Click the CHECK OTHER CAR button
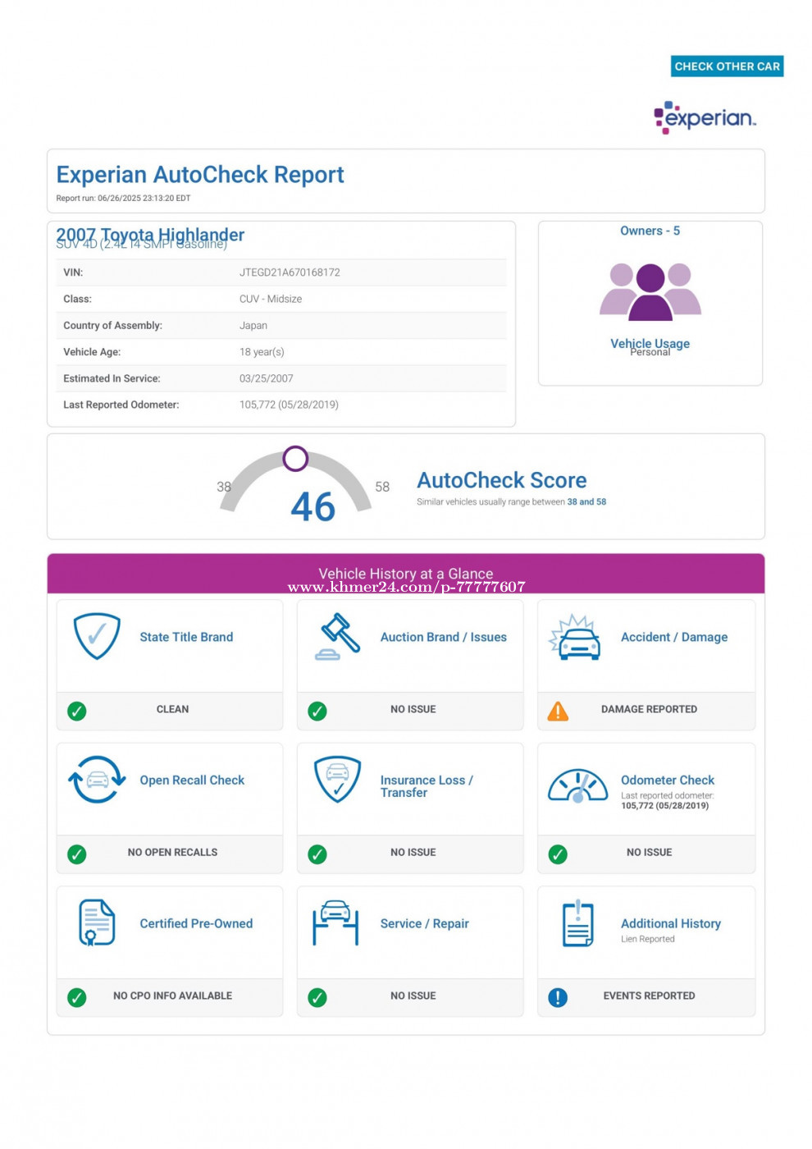pos(727,66)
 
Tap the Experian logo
pos(705,118)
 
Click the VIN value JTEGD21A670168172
pos(290,272)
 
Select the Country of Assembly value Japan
pos(253,326)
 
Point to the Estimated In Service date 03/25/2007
pos(266,378)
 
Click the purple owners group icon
pos(650,291)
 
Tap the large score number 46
pos(312,506)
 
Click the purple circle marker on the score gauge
pos(295,459)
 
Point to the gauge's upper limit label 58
pos(382,487)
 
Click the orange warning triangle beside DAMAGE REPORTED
pos(558,711)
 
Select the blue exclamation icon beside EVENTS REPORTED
pos(558,997)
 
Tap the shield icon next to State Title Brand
pos(97,636)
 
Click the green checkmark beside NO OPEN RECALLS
pos(77,854)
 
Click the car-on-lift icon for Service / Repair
pos(335,923)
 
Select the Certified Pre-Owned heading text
pos(196,924)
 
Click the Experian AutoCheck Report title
pos(200,175)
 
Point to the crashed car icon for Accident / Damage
pos(577,638)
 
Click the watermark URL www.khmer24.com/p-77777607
pos(406,587)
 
